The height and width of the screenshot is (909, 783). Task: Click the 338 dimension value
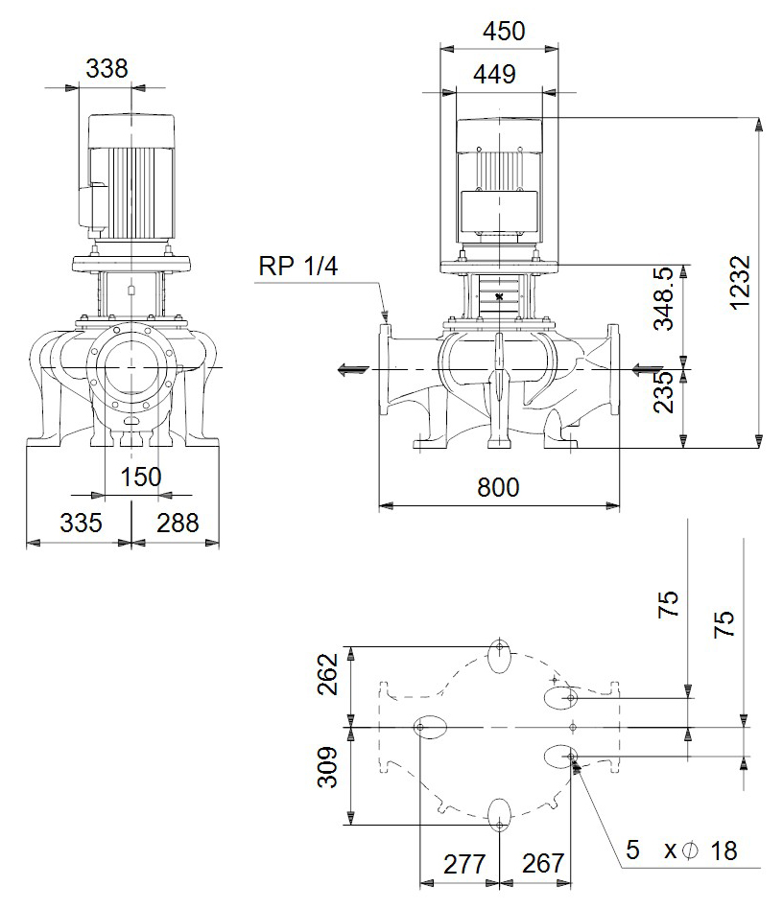[107, 68]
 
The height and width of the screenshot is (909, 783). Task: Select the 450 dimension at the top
[504, 31]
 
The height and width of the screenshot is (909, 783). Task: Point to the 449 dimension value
[494, 74]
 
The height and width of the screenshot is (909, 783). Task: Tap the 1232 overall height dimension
[740, 283]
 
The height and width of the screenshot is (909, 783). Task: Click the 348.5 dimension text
[664, 298]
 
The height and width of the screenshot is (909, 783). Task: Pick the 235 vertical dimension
[664, 392]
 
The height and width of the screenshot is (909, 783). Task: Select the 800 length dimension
[498, 487]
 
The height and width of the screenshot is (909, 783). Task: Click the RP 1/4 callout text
[298, 267]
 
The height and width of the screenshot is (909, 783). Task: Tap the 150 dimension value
[141, 478]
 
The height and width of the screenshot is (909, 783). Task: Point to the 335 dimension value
[82, 523]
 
